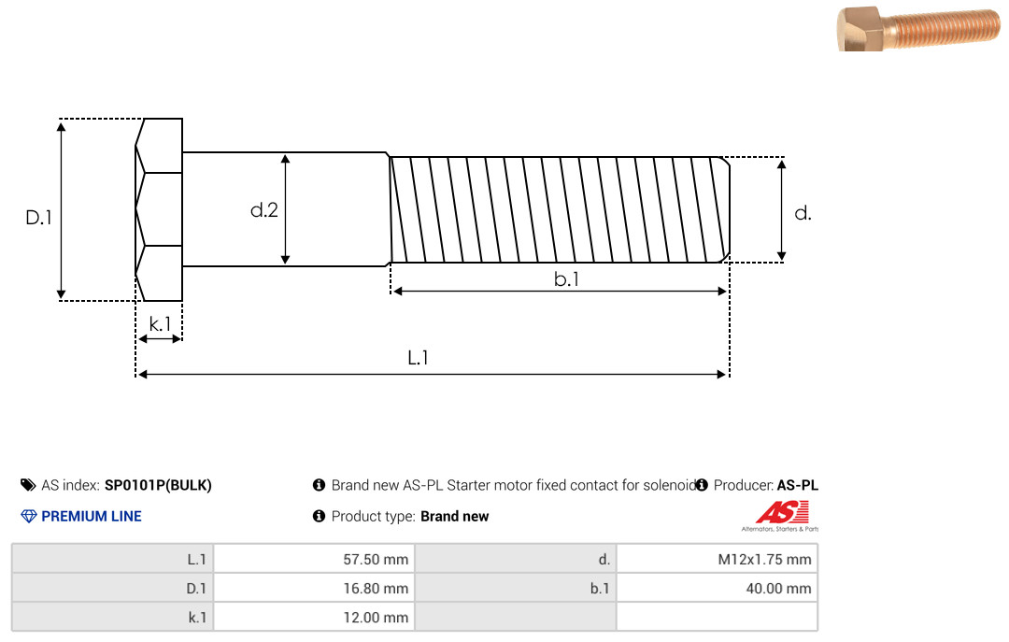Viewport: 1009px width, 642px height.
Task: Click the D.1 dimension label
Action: (x=38, y=218)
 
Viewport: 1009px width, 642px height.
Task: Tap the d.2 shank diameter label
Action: (x=263, y=210)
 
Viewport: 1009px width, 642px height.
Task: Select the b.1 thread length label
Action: (x=566, y=278)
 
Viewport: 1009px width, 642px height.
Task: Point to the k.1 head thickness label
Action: (x=160, y=324)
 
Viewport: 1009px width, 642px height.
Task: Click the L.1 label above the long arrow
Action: (x=419, y=357)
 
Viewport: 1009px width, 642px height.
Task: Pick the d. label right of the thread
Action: (x=803, y=213)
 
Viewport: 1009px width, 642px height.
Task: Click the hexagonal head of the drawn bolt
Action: (x=159, y=209)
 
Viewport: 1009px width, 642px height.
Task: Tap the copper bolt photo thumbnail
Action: (x=918, y=28)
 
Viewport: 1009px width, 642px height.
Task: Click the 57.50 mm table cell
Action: (x=315, y=559)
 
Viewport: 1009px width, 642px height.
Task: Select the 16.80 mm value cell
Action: (x=315, y=588)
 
